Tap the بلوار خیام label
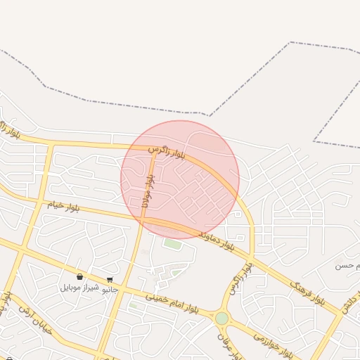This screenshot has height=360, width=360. pos(63,206)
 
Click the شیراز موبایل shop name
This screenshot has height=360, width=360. pos(80,288)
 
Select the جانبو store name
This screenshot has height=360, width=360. pos(110,290)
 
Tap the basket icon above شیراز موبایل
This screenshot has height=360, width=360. pos(79,278)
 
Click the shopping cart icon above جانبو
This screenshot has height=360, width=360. pos(110,280)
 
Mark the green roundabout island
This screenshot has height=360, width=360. pos(222,318)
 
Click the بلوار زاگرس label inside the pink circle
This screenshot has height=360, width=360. pos(167,151)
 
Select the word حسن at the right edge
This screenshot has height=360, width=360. pos(344,265)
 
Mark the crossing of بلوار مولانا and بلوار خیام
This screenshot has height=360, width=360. pos(142,219)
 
